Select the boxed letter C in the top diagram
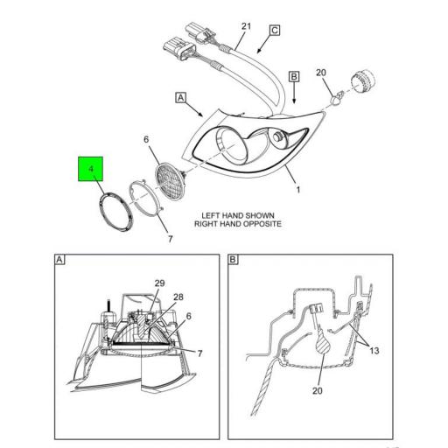(x=274, y=31)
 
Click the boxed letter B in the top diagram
(x=295, y=77)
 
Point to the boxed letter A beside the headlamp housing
(x=181, y=97)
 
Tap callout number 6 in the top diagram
(x=147, y=139)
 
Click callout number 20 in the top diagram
(x=320, y=73)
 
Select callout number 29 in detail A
(x=160, y=283)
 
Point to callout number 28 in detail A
(x=178, y=298)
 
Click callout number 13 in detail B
(x=374, y=350)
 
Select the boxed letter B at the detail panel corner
(x=234, y=260)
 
